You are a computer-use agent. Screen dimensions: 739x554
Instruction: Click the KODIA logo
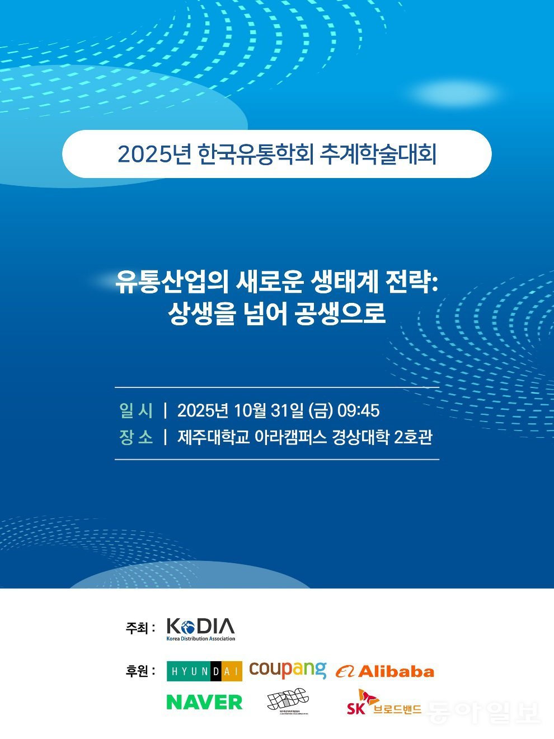point(201,629)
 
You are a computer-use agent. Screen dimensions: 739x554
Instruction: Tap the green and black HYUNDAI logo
point(204,671)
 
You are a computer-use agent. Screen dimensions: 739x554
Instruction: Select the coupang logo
point(288,669)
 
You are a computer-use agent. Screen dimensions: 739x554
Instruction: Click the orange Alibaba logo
point(385,671)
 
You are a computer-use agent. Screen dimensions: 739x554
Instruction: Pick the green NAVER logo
point(204,701)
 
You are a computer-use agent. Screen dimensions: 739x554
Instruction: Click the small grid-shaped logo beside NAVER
point(288,701)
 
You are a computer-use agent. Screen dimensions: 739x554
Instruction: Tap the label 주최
point(140,628)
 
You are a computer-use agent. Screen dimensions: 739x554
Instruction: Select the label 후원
point(140,671)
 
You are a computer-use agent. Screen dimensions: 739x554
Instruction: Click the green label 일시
point(136,410)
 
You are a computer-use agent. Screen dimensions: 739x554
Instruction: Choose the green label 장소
point(136,437)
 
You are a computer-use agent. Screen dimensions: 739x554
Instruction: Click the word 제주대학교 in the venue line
point(213,437)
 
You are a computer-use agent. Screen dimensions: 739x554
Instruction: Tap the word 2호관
point(413,437)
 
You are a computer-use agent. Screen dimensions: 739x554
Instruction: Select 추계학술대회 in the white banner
point(378,154)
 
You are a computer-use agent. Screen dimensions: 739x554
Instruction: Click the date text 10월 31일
point(269,410)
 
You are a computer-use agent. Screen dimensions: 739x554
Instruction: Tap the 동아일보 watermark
point(482,711)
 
